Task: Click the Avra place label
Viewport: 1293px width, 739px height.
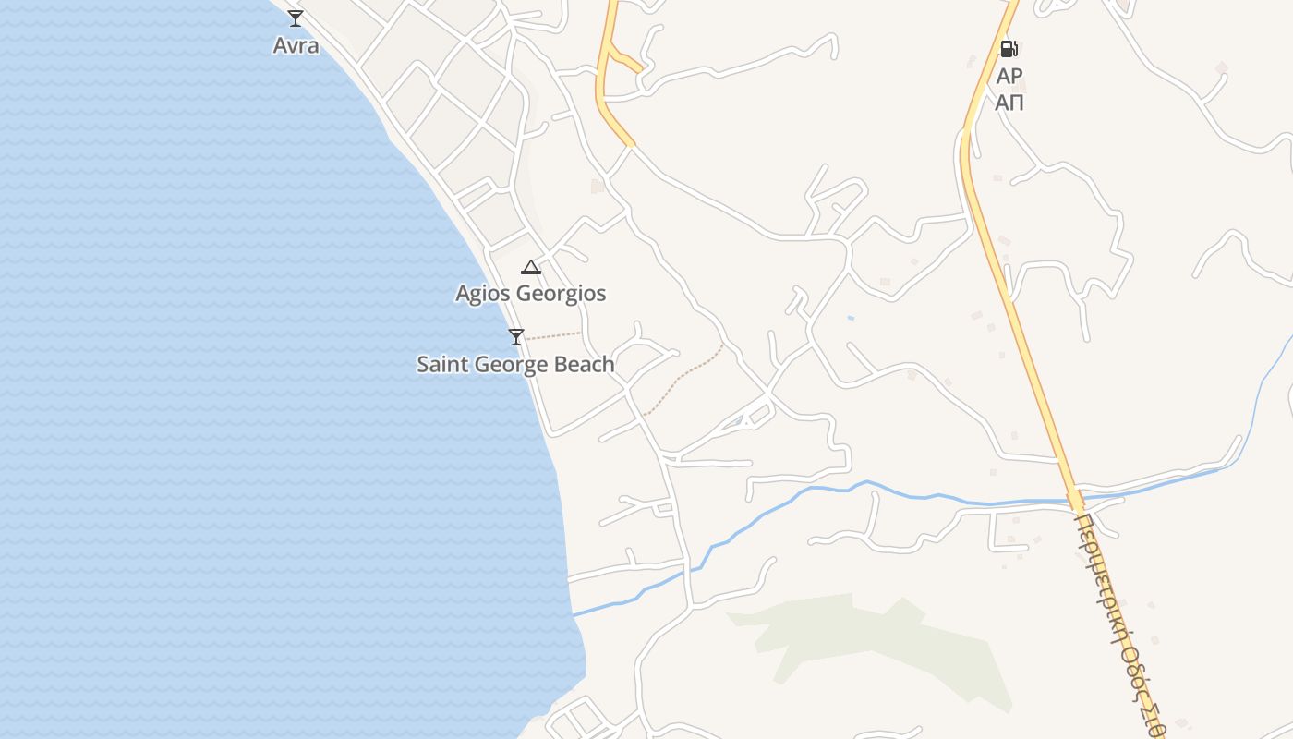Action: click(x=296, y=45)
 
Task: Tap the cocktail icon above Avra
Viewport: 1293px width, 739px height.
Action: click(x=296, y=18)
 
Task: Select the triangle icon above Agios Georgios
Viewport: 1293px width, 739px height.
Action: click(x=530, y=268)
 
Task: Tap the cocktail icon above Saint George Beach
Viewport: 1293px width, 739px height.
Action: click(x=516, y=337)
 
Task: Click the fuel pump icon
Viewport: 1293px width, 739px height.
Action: click(x=1009, y=49)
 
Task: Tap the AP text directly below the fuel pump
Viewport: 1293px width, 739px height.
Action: click(x=1009, y=76)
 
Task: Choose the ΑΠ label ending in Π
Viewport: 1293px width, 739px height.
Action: click(x=1009, y=103)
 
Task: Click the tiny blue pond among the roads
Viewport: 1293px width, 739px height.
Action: click(x=850, y=319)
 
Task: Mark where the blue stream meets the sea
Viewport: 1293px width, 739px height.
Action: click(x=574, y=614)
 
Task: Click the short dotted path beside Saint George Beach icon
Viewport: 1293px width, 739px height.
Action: click(x=553, y=335)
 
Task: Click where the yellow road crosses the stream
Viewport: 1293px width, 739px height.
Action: click(x=1075, y=502)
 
